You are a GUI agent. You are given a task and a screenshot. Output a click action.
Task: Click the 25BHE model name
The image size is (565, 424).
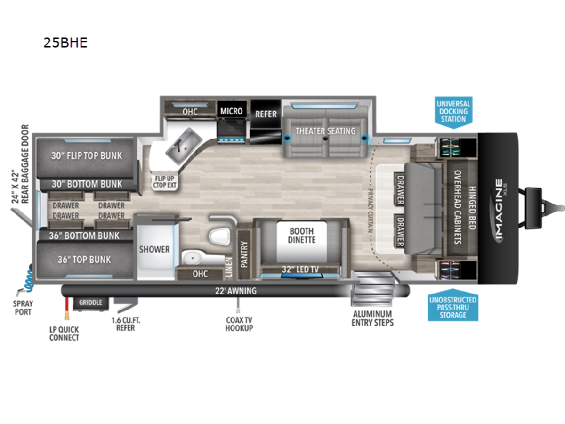pos(65,42)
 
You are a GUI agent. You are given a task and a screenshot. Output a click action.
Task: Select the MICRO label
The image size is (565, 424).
pos(232,111)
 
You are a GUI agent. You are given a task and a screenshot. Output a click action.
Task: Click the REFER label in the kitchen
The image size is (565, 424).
pos(266,114)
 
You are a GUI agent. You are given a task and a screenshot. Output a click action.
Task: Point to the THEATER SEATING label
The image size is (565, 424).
pos(325,130)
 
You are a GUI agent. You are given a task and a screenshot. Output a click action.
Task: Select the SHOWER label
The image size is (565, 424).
pos(154,249)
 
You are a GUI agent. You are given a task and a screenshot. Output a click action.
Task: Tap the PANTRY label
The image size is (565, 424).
pos(244,254)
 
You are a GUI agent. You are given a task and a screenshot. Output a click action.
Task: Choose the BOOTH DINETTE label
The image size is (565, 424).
pos(302,235)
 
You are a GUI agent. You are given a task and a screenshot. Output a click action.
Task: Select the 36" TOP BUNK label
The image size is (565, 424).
pos(85,260)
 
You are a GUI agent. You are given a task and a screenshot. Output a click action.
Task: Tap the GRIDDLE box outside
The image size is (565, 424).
pos(90,302)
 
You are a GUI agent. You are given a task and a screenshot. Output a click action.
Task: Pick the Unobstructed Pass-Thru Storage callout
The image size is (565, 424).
pos(452,307)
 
